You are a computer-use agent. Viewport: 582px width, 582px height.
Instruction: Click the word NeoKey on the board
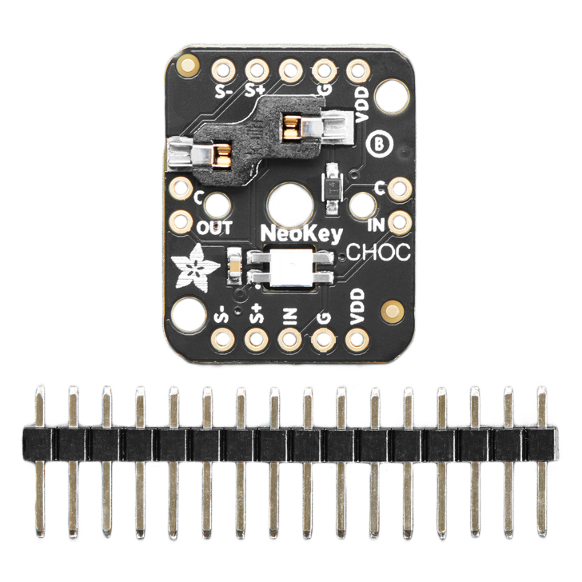click(302, 234)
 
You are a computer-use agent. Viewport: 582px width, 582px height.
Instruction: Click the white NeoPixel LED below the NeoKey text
click(290, 268)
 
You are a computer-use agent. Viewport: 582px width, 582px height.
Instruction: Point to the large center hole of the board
click(290, 205)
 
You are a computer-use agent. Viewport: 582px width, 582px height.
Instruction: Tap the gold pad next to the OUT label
click(182, 221)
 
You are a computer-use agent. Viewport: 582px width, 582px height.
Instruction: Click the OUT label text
click(215, 228)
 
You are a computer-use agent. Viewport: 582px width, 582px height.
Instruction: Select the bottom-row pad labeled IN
click(289, 341)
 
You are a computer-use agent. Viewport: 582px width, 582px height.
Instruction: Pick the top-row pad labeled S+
click(256, 69)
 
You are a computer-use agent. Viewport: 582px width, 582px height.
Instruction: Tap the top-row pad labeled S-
click(221, 69)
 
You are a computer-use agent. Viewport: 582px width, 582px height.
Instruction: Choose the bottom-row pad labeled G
click(324, 341)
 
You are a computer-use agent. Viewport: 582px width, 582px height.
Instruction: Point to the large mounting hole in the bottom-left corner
click(189, 313)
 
